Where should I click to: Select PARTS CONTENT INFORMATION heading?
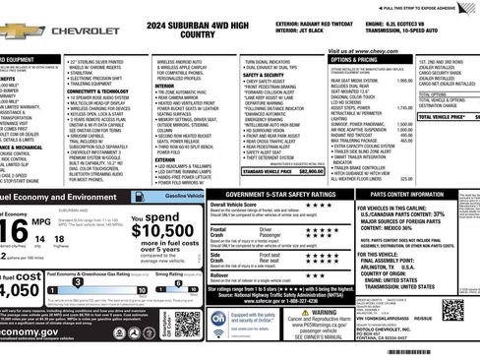(411, 195)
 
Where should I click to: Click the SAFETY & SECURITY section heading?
(264, 75)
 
